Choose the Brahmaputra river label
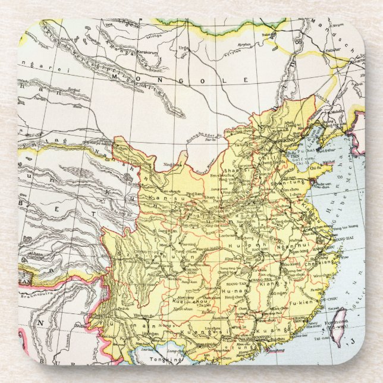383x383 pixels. [38, 294]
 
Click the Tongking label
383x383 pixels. [161, 360]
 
